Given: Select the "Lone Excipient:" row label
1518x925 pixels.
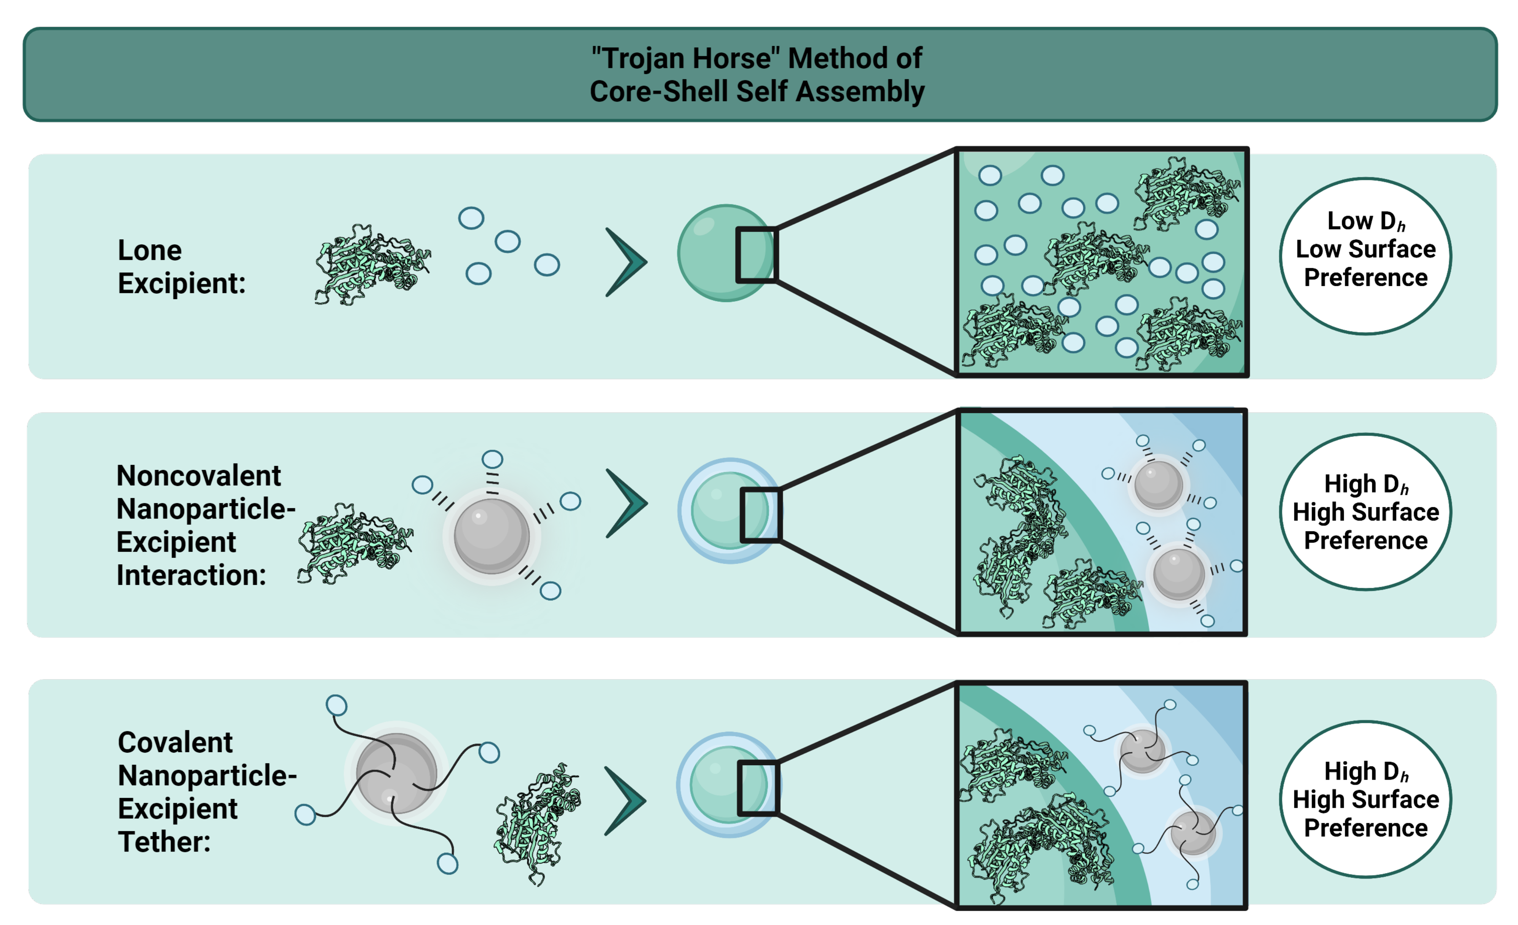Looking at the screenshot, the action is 181,267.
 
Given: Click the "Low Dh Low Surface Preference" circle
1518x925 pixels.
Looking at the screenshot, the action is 1365,256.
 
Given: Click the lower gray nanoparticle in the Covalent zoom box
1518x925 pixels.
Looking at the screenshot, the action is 1193,833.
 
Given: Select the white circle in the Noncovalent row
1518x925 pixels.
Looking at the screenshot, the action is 1365,512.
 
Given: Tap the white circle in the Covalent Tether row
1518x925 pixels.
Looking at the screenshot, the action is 1365,799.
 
